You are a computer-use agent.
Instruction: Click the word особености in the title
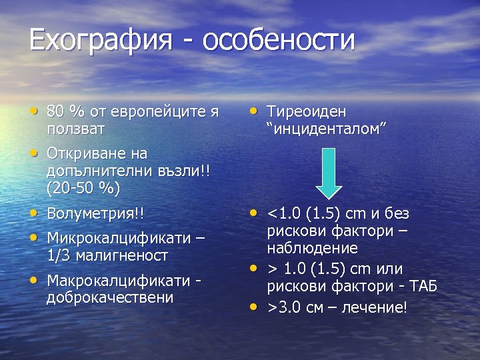coord(279,40)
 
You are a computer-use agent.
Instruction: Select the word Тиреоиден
coord(307,111)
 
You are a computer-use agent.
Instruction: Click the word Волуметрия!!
coord(95,214)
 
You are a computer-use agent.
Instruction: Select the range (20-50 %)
coord(83,188)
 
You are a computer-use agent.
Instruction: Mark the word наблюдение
coord(313,248)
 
